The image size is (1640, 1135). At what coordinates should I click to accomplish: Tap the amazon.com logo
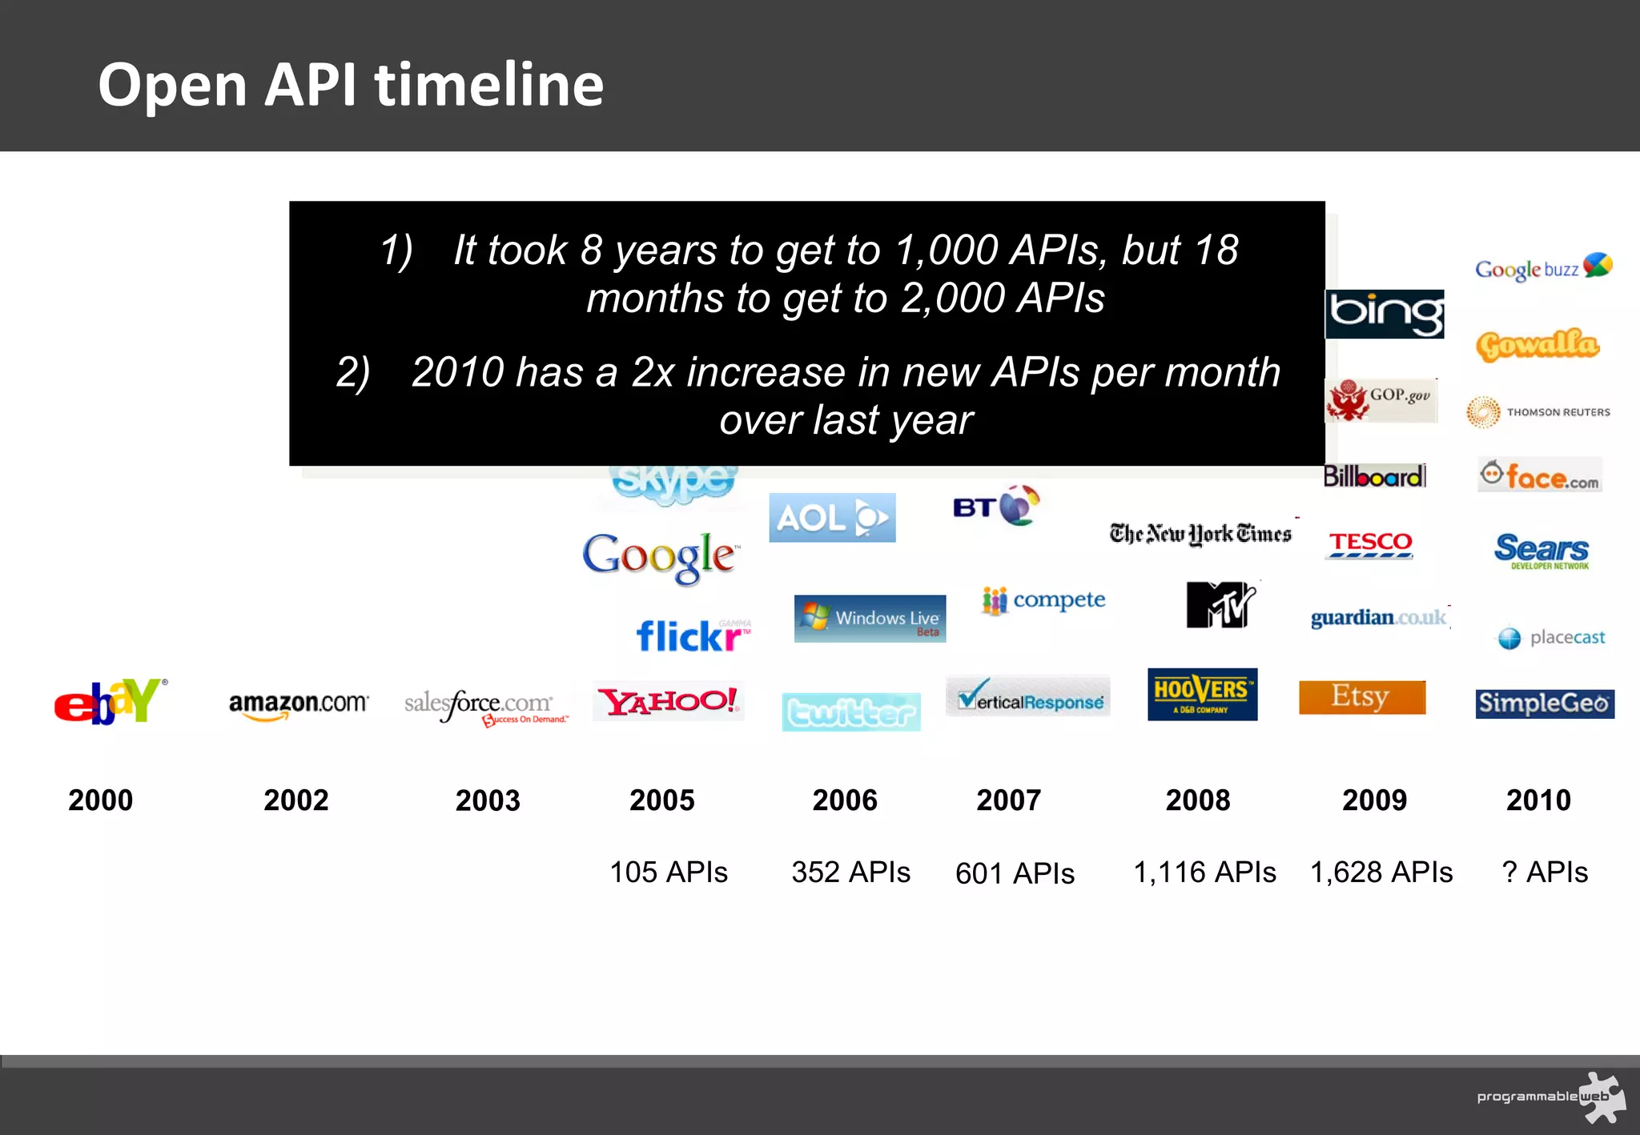click(298, 704)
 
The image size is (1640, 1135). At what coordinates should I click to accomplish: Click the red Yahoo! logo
click(669, 701)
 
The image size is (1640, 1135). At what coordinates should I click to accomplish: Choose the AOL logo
click(832, 518)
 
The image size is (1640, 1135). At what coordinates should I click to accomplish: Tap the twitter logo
click(850, 712)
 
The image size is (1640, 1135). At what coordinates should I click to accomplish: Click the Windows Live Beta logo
click(870, 618)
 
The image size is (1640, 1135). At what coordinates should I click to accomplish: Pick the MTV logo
click(1220, 604)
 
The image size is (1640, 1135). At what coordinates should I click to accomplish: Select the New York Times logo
click(1200, 534)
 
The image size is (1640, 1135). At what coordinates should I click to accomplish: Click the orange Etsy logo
click(1361, 696)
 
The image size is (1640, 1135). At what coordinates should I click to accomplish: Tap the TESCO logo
click(1369, 543)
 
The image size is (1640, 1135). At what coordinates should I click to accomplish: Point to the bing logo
click(1385, 314)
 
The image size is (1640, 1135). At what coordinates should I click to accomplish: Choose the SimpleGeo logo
click(1544, 704)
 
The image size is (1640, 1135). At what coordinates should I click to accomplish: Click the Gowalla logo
click(1537, 344)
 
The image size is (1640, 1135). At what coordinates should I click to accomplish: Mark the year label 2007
click(1008, 800)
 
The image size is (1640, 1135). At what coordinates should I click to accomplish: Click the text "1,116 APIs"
click(1204, 872)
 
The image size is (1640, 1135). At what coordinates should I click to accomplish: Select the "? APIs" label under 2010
click(1544, 872)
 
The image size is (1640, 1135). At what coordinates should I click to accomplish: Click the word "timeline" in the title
click(489, 85)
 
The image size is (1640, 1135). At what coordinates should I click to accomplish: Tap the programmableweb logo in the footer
click(1550, 1097)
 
